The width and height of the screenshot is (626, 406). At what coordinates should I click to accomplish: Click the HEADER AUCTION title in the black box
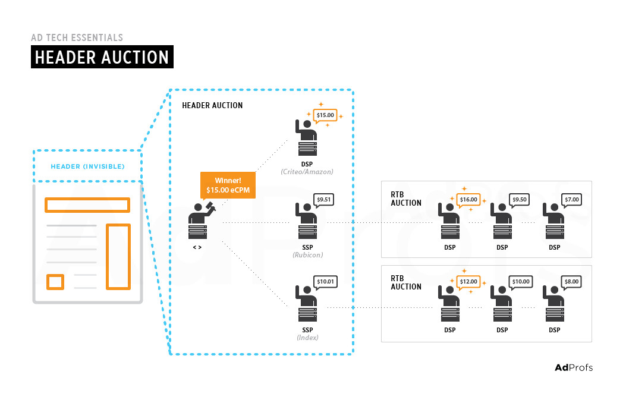[x=102, y=57]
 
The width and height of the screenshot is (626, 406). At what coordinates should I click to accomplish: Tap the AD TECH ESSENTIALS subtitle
[x=77, y=37]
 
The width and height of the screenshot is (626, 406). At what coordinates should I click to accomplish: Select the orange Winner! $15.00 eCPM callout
[x=228, y=185]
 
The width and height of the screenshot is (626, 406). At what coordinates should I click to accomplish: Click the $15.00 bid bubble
[x=325, y=115]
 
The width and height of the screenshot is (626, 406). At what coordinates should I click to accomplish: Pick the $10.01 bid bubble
[x=326, y=282]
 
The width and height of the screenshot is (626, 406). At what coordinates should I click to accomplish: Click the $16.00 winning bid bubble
[x=468, y=200]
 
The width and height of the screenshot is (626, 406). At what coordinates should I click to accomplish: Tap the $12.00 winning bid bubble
[x=468, y=282]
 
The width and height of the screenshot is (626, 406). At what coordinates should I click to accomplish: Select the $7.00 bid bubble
[x=572, y=200]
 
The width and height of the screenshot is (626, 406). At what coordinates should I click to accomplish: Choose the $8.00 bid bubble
[x=572, y=282]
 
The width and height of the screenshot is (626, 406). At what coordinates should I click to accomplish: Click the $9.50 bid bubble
[x=520, y=200]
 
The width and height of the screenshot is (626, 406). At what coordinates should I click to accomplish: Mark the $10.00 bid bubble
[x=520, y=282]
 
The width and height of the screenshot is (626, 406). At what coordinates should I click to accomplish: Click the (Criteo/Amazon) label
[x=307, y=172]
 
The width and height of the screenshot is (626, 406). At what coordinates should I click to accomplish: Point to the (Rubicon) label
[x=307, y=255]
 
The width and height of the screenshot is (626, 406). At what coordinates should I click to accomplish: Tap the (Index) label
[x=307, y=338]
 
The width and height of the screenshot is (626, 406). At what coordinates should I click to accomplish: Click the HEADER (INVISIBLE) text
[x=87, y=166]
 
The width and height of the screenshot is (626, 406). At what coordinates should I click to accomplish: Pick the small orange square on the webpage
[x=55, y=281]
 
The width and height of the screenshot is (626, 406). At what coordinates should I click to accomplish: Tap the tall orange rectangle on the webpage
[x=118, y=256]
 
